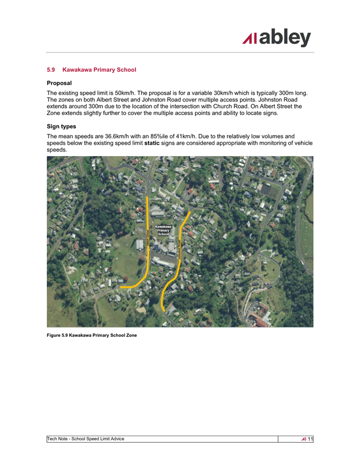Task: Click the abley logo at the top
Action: click(277, 38)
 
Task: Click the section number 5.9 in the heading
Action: click(51, 70)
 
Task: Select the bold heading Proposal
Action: click(59, 83)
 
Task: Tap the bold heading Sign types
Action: click(61, 127)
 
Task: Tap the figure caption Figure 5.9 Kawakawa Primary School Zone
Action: click(92, 335)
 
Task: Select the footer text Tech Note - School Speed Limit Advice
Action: click(85, 439)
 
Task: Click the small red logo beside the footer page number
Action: click(303, 439)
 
